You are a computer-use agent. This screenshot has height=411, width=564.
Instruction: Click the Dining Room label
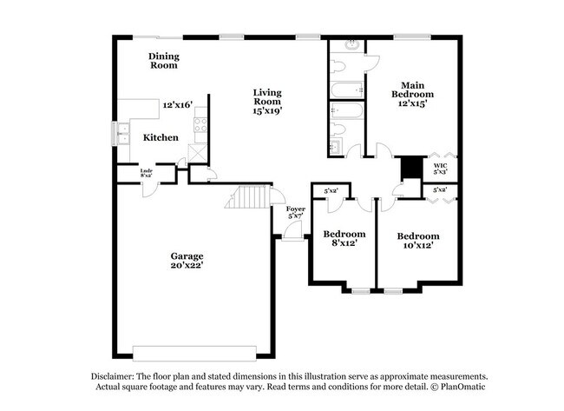[x=163, y=61]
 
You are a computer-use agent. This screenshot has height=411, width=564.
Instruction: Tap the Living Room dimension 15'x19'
[x=267, y=110]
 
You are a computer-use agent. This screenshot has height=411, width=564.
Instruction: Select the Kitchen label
[x=161, y=137]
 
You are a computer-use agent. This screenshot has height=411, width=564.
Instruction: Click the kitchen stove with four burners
[x=200, y=125]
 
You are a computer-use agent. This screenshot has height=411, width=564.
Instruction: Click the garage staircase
[x=246, y=200]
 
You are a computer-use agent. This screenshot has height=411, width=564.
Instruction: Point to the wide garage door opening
[x=201, y=352]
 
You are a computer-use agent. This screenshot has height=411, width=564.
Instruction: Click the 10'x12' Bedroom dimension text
[x=417, y=247]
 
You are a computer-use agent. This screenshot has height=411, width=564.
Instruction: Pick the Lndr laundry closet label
[x=147, y=171]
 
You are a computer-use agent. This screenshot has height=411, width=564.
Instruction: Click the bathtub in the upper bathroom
[x=347, y=89]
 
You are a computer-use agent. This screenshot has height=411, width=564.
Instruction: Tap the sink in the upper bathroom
[x=352, y=44]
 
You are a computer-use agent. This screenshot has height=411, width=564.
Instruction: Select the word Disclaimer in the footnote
[x=117, y=375]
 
